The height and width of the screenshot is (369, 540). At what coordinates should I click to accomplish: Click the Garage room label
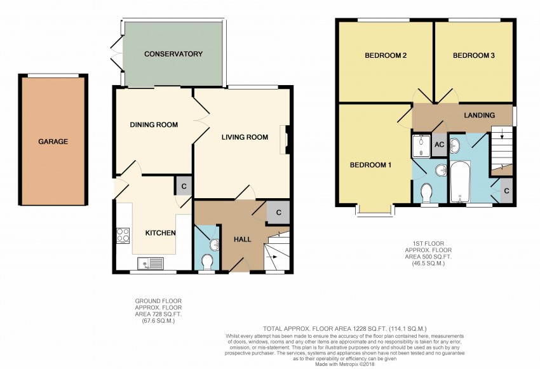[x=53, y=142]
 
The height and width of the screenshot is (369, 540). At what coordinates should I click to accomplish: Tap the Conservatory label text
[x=173, y=54]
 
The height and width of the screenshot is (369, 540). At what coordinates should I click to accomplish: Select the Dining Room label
[x=154, y=124]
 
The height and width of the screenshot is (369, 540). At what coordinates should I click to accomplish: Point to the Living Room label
[x=245, y=137]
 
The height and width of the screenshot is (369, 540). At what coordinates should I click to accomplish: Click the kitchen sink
[x=151, y=264]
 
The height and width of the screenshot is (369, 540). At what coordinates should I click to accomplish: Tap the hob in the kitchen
[x=123, y=236]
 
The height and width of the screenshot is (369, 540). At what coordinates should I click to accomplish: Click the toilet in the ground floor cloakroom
[x=207, y=262]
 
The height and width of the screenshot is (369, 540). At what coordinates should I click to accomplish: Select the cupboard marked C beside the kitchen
[x=184, y=187]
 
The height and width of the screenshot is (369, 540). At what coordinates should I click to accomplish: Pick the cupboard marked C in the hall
[x=279, y=213]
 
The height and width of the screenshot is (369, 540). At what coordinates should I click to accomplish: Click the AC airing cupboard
[x=439, y=145]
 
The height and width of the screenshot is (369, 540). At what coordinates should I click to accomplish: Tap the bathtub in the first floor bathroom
[x=461, y=181]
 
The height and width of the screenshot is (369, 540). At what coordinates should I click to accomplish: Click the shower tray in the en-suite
[x=421, y=145]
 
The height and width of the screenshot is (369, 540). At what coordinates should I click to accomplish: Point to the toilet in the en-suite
[x=427, y=193]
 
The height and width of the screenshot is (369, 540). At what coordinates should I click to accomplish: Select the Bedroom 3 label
[x=474, y=55]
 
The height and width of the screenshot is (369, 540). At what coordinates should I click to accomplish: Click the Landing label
[x=480, y=116]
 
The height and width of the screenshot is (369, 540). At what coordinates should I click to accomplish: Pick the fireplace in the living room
[x=285, y=140]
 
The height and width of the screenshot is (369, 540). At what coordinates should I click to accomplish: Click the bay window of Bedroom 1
[x=375, y=211]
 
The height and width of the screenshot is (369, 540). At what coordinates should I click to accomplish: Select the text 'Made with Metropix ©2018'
[x=345, y=364]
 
